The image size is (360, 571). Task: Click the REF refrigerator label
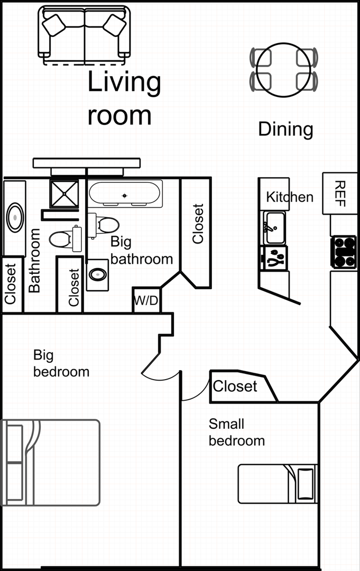339,194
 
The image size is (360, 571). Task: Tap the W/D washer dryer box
146,300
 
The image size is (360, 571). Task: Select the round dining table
283,70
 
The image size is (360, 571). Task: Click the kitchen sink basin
274,228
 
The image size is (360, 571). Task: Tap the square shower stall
64,194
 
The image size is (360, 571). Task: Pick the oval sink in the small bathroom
15,217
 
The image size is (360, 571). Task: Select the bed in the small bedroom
278,484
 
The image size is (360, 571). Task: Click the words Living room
124,98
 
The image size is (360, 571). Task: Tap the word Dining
286,130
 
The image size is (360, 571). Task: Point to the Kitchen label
290,197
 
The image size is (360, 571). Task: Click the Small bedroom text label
237,432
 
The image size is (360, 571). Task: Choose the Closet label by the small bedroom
235,386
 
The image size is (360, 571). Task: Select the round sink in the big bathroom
98,274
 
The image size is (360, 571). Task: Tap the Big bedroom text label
61,363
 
